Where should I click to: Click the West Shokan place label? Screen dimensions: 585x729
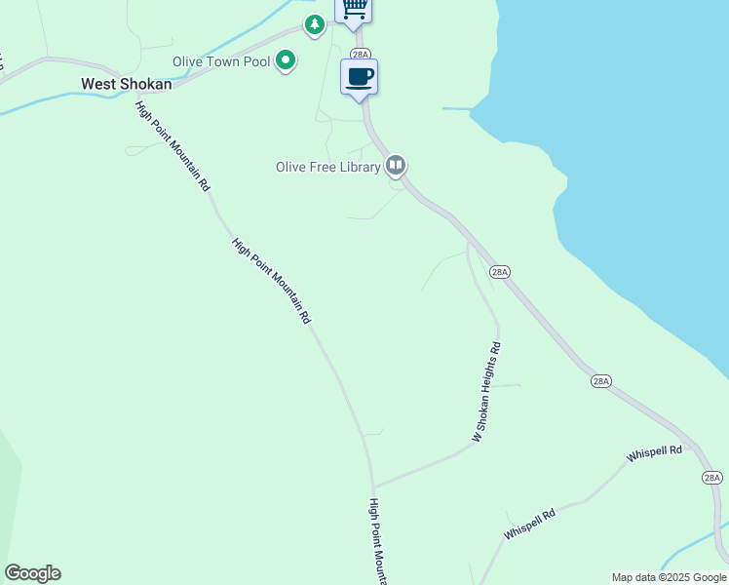point(127,84)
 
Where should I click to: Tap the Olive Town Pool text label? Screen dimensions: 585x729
point(220,61)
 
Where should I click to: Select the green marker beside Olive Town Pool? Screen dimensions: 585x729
point(286,61)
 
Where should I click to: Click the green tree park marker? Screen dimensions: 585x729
point(314,24)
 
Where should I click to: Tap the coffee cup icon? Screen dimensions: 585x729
point(359,76)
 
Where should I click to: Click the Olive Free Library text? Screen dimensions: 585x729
point(327,167)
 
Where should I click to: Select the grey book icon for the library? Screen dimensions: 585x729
point(395,165)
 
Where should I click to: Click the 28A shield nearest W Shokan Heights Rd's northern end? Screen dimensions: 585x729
point(500,272)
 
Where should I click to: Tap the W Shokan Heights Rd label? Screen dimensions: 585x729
point(485,392)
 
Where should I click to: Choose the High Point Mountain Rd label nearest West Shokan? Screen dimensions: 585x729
point(173,145)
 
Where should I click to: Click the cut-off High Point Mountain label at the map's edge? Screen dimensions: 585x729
point(378,542)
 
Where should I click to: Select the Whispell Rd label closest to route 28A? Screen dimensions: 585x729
point(655,453)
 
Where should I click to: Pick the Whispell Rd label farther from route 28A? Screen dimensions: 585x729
point(529,525)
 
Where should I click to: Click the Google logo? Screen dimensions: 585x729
point(32,573)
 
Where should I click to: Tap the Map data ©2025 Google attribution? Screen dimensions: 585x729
point(669,577)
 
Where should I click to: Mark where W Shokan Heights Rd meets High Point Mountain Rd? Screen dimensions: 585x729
point(373,486)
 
